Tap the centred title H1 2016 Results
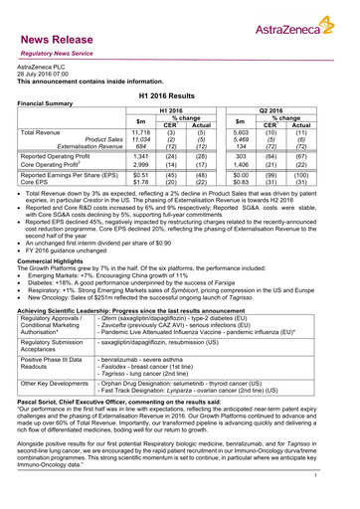[x=179, y=91]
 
